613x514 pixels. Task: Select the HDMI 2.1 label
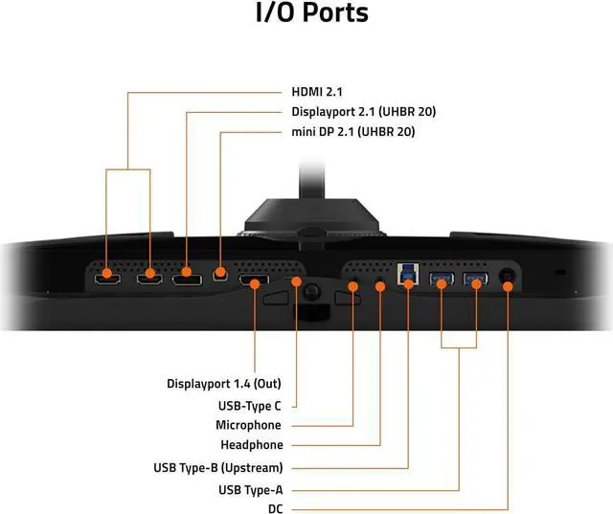[317, 92]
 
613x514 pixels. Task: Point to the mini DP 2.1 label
[352, 132]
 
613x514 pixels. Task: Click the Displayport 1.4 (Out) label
[225, 384]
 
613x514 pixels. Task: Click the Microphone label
[249, 425]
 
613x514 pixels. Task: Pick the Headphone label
[252, 445]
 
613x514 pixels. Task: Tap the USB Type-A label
[244, 489]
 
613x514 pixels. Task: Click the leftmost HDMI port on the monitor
[106, 279]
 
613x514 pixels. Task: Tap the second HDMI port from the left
[148, 279]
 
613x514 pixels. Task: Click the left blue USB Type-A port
[441, 280]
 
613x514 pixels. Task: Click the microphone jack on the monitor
[354, 285]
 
